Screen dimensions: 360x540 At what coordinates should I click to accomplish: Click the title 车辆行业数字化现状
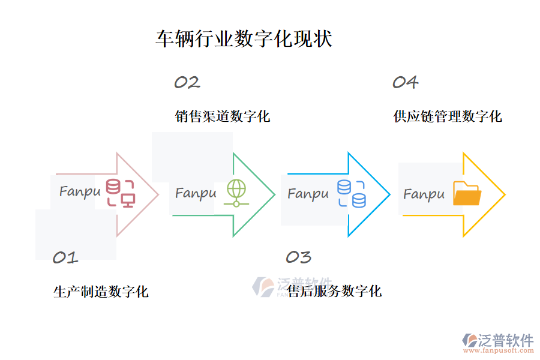click(244, 39)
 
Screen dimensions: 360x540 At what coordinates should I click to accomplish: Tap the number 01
click(65, 258)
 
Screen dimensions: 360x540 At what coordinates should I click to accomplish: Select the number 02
click(187, 83)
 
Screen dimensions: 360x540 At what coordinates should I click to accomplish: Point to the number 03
click(298, 257)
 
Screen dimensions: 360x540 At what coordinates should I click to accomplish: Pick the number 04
click(405, 83)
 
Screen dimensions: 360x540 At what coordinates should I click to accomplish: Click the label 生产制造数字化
click(101, 292)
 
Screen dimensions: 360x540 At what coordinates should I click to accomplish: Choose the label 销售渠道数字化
click(223, 116)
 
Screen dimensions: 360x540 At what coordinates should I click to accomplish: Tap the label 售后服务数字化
click(334, 292)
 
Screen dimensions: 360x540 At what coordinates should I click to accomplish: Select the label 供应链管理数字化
click(448, 116)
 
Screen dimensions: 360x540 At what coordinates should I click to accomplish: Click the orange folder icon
click(467, 194)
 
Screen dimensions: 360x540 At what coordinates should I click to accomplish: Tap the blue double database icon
click(352, 194)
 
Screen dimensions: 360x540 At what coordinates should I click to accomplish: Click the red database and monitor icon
click(121, 193)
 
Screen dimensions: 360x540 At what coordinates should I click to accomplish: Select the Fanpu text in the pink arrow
click(80, 192)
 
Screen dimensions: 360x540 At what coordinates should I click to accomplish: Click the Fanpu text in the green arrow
click(196, 193)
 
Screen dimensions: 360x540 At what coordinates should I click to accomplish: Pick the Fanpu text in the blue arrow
click(308, 194)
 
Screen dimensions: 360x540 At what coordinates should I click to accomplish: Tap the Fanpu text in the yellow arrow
click(424, 194)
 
